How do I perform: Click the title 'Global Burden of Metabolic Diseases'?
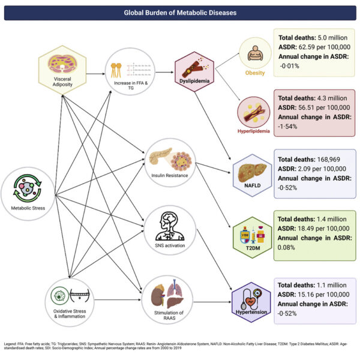click(x=180, y=12)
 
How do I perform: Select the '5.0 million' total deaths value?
click(x=329, y=37)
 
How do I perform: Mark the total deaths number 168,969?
click(x=325, y=160)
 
